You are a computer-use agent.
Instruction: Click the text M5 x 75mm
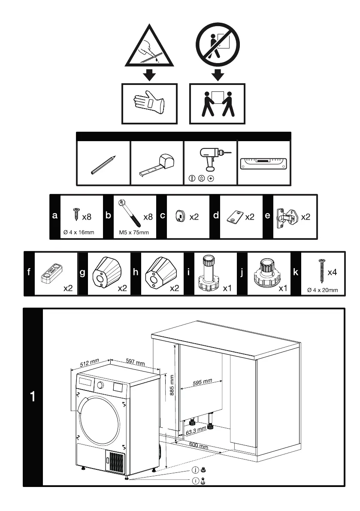(x=134, y=233)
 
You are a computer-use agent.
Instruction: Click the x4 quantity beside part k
(x=332, y=272)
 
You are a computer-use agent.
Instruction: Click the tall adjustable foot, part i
(x=208, y=272)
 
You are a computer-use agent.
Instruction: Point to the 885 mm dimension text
(x=172, y=386)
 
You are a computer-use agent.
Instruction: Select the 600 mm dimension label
(x=199, y=446)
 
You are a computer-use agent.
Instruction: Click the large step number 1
(x=33, y=397)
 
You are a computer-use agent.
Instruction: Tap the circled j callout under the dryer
(x=195, y=470)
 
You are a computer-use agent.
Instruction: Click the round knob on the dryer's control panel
(x=100, y=385)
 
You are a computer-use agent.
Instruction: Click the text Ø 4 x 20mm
(x=323, y=290)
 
